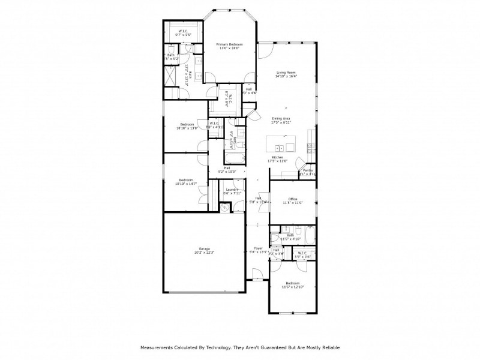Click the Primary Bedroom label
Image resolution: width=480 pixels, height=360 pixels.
(x=230, y=44)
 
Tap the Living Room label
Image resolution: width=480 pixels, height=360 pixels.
(x=286, y=73)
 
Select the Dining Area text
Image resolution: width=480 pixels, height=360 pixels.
(x=281, y=118)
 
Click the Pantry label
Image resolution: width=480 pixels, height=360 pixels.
(x=308, y=170)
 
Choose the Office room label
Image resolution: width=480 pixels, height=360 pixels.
(x=293, y=199)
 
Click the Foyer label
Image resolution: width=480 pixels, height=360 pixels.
(x=258, y=248)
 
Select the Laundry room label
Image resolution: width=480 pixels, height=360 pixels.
(x=232, y=190)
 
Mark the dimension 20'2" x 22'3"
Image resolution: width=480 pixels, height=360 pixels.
(x=205, y=253)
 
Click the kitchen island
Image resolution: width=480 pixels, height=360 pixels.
(x=281, y=147)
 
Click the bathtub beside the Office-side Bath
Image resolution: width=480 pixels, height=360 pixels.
(x=307, y=235)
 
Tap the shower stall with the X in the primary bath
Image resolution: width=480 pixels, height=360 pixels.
(x=172, y=75)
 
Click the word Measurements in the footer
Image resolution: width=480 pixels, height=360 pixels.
(x=157, y=347)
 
